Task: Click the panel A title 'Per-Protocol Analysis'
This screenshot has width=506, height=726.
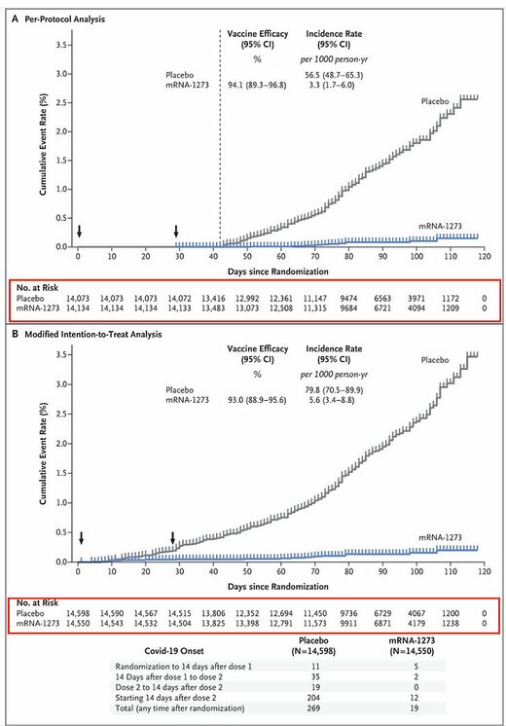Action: coord(65,19)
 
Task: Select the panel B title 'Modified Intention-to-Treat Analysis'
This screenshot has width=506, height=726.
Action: coord(93,334)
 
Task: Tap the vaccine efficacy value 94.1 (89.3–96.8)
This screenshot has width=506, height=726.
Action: coord(257,85)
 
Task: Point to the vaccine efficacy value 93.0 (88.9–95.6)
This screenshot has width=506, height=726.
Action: coord(257,400)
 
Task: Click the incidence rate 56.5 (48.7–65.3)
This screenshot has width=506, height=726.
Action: coord(334,75)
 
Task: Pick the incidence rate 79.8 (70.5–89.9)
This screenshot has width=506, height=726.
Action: coord(334,390)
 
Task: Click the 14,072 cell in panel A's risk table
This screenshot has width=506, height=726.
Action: coord(179,299)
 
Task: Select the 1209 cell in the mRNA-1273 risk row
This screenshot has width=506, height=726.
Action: coord(450,308)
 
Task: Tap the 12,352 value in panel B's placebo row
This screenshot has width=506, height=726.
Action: coord(247,613)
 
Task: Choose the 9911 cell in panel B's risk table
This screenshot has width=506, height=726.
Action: coord(348,623)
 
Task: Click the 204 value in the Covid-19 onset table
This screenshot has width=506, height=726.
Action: coord(315,698)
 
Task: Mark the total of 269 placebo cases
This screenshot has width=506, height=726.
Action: coord(315,708)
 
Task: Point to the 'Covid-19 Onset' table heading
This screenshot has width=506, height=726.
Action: coord(174,650)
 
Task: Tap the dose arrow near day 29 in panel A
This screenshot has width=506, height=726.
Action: coord(176,231)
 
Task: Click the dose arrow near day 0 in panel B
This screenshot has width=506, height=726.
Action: coord(81,537)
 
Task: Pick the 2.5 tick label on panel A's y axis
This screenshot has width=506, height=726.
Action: coord(61,103)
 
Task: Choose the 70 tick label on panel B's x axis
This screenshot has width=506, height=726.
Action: coord(315,571)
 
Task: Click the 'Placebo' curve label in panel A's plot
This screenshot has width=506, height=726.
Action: coord(435,101)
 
